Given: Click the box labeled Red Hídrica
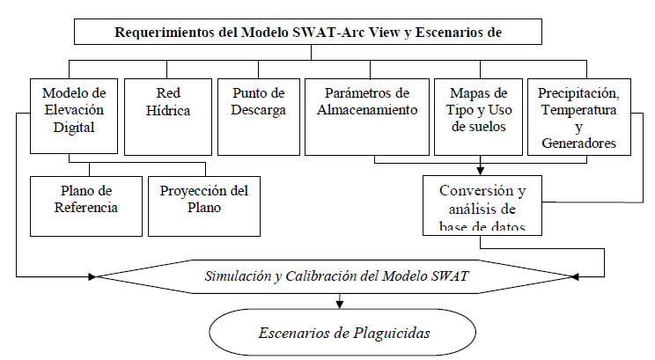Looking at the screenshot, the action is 168,117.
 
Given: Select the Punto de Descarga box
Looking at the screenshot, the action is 259,117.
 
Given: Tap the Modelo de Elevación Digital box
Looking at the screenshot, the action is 74,116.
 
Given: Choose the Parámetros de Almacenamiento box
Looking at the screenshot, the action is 367,117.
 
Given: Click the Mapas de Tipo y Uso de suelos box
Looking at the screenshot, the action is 478,117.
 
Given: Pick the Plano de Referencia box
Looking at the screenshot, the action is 86,206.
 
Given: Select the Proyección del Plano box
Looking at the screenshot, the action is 204,206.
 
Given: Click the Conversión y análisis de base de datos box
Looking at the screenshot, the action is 482,205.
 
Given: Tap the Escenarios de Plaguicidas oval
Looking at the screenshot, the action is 342,333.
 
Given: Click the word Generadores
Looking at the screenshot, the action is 578,143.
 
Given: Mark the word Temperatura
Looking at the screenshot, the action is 578,110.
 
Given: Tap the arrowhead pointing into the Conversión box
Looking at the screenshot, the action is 481,171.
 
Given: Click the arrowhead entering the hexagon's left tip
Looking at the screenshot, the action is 92,276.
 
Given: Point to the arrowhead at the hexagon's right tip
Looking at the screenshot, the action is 575,276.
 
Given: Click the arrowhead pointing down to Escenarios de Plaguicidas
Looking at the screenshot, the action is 340,305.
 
